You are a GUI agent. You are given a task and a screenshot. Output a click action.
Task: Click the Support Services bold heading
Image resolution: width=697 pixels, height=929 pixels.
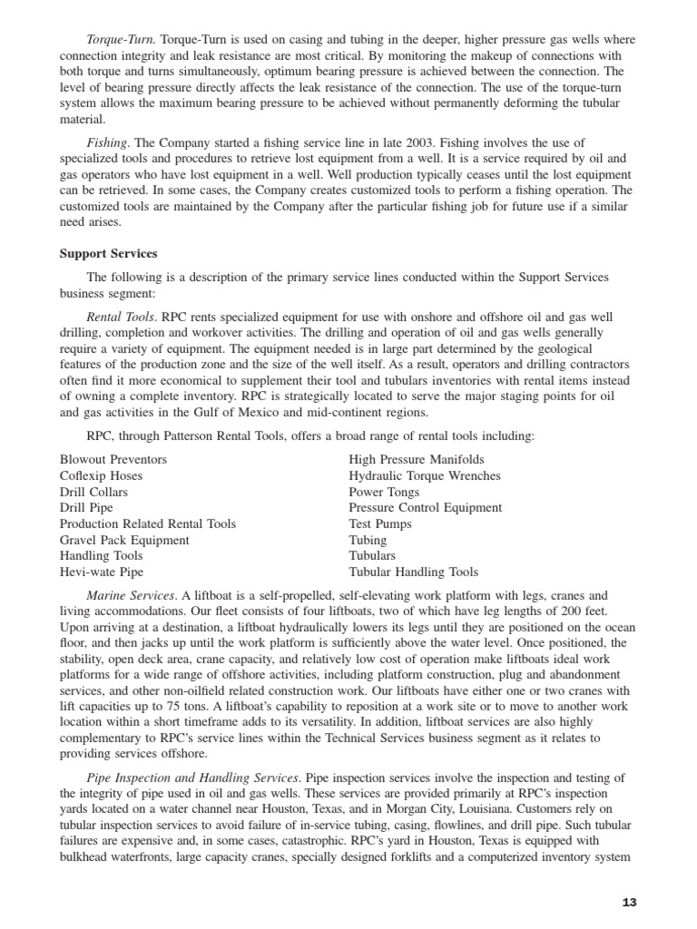108,253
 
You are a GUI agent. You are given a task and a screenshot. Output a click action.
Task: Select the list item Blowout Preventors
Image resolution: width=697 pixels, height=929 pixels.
113,460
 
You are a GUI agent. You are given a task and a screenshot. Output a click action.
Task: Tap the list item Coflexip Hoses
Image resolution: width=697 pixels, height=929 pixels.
101,476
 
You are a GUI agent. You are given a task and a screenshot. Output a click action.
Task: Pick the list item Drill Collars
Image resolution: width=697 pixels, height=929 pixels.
93,492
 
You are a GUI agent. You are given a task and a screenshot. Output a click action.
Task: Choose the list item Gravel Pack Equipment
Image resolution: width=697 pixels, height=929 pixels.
124,540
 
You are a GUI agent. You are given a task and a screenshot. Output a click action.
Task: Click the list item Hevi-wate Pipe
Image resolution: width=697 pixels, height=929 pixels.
102,572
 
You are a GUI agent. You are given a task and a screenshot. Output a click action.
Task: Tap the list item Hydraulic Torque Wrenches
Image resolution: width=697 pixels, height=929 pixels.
425,476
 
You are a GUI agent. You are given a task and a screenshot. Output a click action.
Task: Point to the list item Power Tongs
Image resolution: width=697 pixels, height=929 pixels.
384,492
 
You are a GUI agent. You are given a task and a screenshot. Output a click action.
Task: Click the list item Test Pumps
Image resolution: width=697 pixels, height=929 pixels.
380,524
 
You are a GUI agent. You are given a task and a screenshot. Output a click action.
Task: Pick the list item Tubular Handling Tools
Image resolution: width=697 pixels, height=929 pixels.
413,572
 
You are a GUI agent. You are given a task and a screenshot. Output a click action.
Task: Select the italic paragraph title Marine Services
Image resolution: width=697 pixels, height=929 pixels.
131,596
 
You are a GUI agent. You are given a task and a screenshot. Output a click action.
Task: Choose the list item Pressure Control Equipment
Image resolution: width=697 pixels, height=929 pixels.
425,508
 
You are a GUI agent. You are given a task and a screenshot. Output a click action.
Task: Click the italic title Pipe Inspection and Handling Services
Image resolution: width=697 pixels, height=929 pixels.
192,777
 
